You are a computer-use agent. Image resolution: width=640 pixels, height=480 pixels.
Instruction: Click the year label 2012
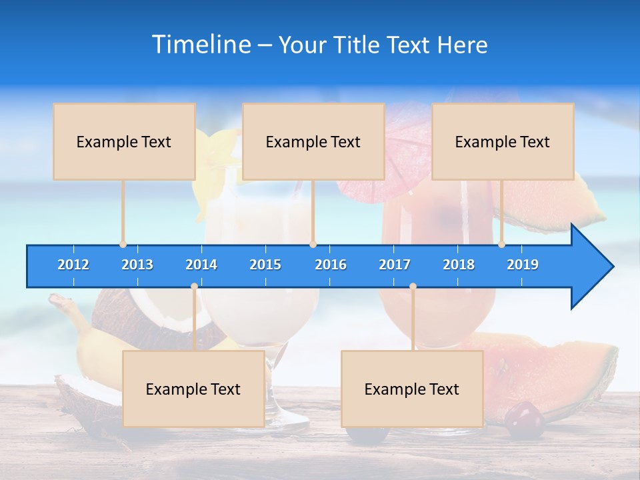coord(73,265)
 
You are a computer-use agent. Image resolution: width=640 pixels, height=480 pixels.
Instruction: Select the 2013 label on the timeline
coord(137,265)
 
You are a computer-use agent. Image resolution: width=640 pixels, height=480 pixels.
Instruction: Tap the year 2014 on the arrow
coord(201,265)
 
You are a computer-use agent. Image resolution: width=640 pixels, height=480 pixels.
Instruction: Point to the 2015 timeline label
coord(265,265)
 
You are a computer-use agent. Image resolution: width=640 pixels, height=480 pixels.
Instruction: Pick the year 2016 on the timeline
coord(331,265)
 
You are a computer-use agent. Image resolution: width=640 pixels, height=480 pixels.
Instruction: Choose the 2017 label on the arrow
coord(395,265)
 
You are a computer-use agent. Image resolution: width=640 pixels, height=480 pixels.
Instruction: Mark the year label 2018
coord(459,265)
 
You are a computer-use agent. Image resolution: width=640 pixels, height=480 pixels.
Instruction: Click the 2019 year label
coord(523,265)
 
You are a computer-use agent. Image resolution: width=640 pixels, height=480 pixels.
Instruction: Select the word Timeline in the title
coord(201,45)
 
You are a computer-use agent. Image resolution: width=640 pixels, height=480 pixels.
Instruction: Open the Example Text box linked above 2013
coord(124,141)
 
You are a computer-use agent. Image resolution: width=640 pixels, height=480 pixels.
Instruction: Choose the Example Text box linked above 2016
coord(313,141)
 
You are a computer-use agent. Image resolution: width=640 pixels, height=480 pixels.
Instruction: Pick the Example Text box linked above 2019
coord(503,141)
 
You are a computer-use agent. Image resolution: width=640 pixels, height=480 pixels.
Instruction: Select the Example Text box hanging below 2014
coord(193,389)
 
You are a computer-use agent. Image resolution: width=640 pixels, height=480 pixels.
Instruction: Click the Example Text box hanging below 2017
coord(412,389)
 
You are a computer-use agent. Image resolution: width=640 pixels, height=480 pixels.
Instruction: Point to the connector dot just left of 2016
coord(313,244)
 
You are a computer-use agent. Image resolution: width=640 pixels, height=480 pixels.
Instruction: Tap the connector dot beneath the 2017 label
coord(413,286)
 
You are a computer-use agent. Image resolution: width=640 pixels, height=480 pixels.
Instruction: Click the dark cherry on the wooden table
coord(524,421)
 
